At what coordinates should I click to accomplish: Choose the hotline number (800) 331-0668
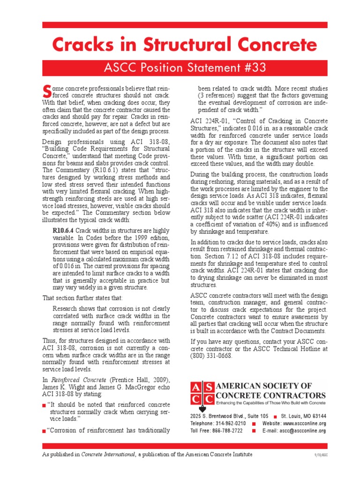[x=211, y=356]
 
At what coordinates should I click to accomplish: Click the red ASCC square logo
[x=202, y=393]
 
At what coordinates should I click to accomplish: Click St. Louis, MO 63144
[x=303, y=416]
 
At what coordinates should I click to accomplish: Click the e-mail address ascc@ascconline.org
[x=300, y=431]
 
